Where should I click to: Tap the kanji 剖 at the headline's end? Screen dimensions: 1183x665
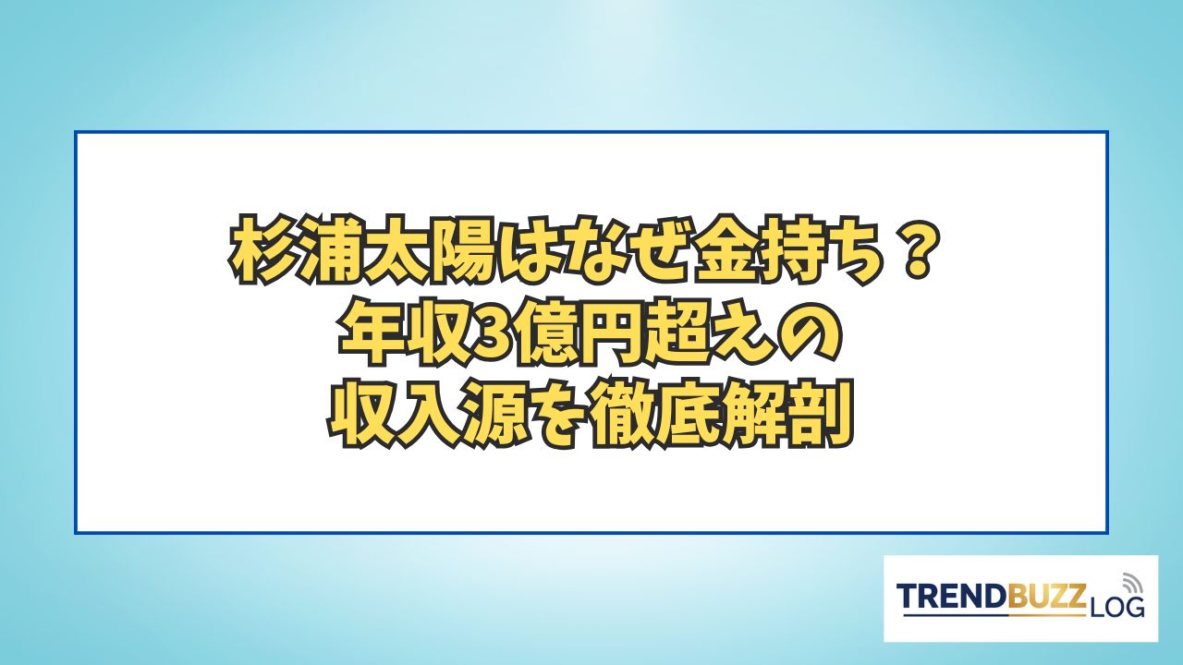point(822,417)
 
